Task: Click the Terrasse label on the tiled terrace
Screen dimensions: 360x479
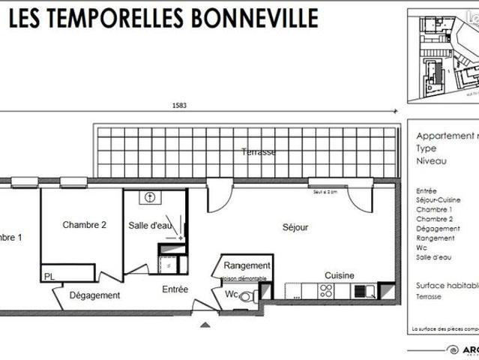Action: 259,152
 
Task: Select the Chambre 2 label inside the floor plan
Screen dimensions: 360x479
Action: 84,224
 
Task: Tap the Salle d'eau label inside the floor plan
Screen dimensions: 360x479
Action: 151,225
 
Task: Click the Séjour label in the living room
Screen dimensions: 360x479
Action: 295,227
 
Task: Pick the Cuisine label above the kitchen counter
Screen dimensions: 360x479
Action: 340,275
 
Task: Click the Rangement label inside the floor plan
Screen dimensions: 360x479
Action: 247,265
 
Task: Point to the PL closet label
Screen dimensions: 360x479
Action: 49,277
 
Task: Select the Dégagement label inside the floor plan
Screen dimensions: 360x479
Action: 94,295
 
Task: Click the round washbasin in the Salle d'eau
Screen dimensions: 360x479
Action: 151,198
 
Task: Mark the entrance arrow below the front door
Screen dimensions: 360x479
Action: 203,326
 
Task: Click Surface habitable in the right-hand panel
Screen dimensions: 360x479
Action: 447,286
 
